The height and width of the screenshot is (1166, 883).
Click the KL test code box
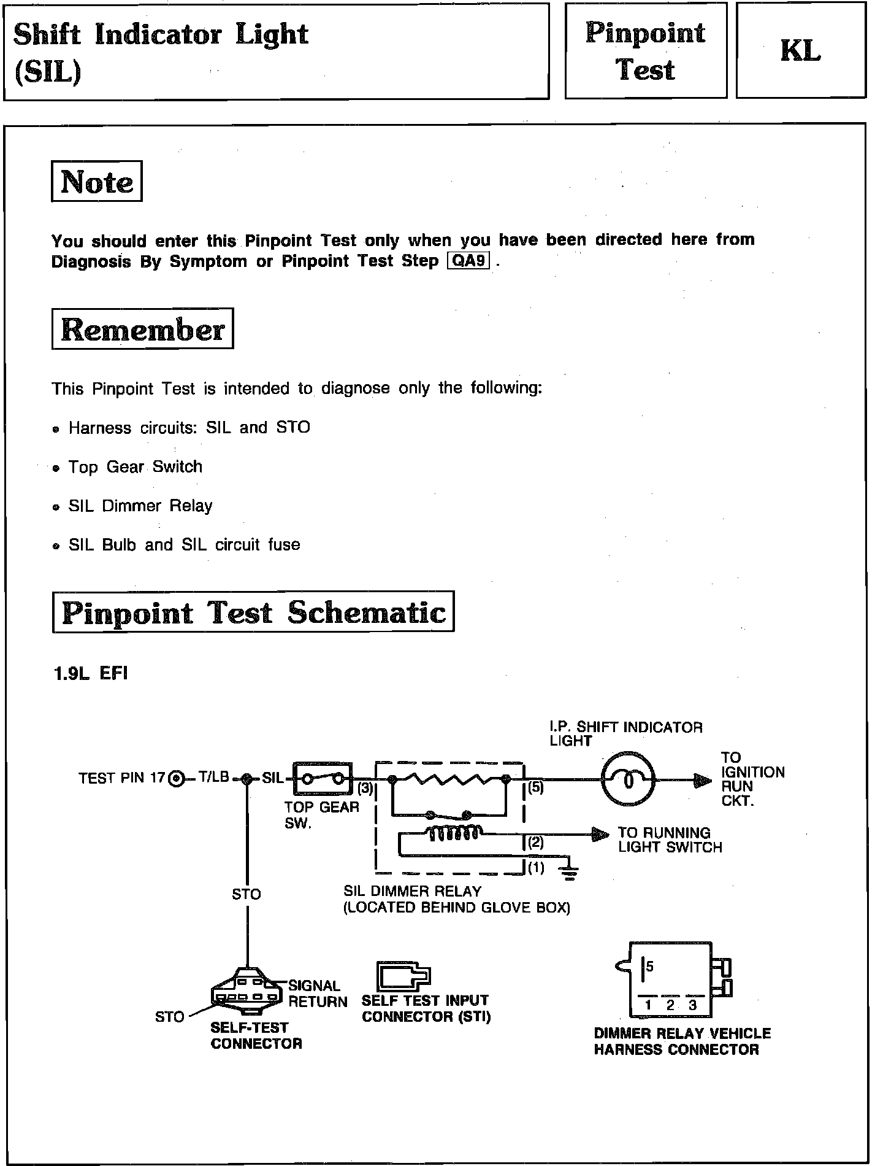[800, 50]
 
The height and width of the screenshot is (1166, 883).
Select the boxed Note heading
[97, 181]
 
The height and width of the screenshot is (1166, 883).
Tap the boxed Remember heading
[142, 329]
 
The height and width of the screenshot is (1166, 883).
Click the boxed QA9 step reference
[469, 261]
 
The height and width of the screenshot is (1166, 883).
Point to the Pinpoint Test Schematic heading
[253, 612]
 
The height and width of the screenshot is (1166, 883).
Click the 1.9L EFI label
[90, 673]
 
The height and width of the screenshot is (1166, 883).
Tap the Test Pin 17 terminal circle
[177, 779]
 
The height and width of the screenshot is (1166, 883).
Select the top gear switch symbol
[323, 779]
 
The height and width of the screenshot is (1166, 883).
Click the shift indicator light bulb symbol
[628, 780]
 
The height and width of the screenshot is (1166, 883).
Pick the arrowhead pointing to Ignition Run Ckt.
[701, 781]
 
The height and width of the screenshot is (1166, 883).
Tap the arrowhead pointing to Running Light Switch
[599, 834]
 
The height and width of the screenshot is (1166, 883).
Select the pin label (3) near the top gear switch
[365, 789]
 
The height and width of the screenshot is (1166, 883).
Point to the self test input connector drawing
[403, 975]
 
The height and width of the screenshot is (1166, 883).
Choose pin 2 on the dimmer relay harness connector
[670, 1005]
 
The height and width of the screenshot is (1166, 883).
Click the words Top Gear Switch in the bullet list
[135, 467]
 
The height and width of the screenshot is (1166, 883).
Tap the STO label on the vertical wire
[247, 895]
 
